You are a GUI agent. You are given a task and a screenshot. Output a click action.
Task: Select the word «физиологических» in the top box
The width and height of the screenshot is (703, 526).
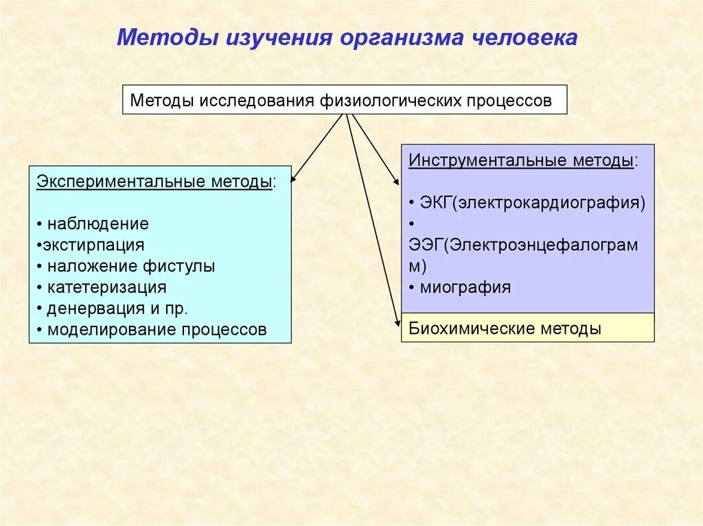click(390, 101)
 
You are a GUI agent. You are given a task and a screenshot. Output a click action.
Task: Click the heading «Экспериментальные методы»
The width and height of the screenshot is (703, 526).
click(154, 182)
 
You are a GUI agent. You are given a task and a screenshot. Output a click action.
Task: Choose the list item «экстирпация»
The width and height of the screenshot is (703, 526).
click(93, 245)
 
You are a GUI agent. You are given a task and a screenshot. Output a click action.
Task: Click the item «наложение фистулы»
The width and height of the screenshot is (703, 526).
click(131, 266)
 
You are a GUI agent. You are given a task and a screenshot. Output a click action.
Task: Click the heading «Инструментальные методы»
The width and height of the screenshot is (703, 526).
click(521, 160)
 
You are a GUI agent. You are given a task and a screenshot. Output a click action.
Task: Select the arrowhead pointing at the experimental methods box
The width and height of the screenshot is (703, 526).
click(292, 180)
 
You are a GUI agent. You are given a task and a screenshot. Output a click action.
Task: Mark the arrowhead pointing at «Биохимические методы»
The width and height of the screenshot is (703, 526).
click(397, 324)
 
